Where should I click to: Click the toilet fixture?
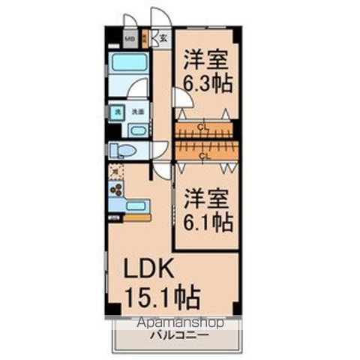tap(123, 151)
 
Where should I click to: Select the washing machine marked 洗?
tap(117, 112)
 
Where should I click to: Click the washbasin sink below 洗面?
tap(137, 130)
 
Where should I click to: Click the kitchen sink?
tap(136, 205)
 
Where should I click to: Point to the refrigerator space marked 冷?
tap(114, 171)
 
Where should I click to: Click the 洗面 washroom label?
tap(137, 112)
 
